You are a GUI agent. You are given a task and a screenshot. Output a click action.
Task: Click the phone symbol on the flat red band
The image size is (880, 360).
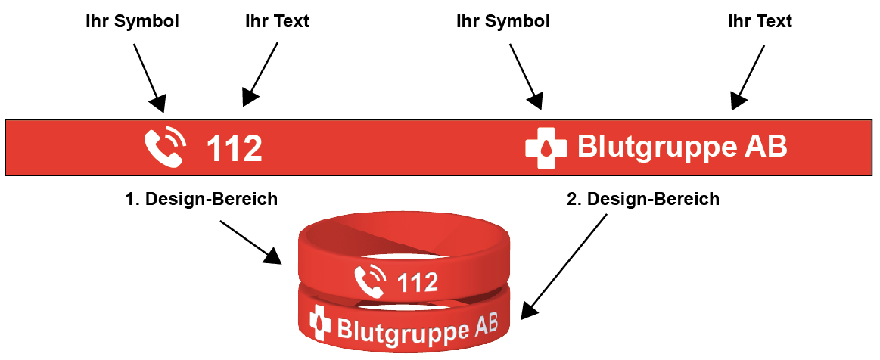[x=164, y=147]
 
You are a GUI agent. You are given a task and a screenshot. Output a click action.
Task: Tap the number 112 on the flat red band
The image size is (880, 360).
[x=235, y=148]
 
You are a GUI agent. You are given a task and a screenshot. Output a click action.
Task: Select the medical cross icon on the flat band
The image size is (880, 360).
[x=546, y=147]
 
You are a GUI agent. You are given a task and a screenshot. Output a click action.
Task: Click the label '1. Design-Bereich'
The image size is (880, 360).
[x=201, y=199]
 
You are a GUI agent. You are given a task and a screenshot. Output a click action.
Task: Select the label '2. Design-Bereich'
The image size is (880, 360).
[x=643, y=199]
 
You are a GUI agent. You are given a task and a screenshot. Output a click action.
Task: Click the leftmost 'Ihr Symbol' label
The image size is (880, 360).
[x=132, y=21]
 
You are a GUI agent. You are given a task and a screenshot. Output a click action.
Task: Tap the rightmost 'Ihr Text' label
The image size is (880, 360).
[x=760, y=21]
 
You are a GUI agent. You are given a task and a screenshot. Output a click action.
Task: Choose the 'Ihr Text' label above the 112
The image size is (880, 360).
[x=277, y=21]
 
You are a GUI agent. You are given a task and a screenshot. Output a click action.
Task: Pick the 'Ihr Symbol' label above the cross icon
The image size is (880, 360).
[x=503, y=21]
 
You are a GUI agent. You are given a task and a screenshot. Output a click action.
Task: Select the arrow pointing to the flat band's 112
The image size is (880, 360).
[x=261, y=73]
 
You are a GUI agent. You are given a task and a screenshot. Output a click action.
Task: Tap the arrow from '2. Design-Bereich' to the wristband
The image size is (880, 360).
[x=566, y=265]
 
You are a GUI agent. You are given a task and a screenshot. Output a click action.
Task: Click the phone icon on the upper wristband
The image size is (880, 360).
[x=370, y=281]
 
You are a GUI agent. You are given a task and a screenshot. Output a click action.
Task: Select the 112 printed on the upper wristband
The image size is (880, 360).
[x=418, y=283]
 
